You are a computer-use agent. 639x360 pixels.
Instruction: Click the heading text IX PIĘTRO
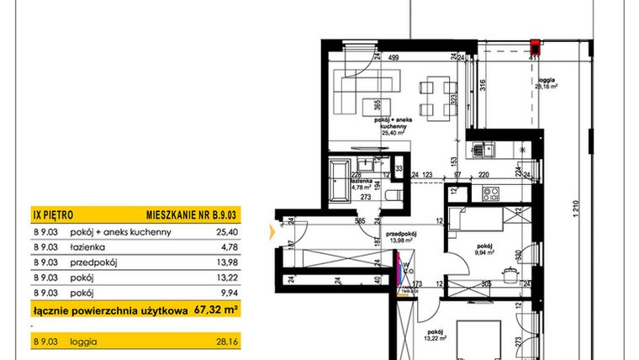[x=52, y=214]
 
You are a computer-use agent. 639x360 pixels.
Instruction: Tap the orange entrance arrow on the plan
[x=271, y=228]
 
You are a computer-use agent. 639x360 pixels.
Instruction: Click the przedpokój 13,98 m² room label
[x=402, y=238]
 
